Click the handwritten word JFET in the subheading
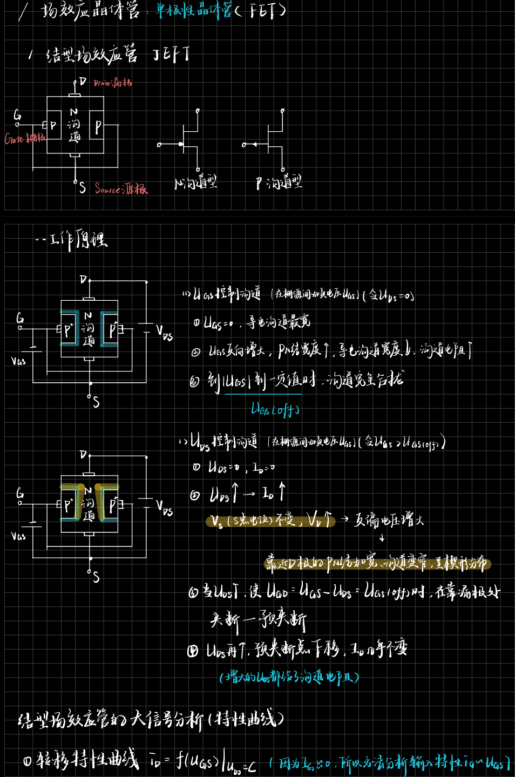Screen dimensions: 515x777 (x=171, y=54)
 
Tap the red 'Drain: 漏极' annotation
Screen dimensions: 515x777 (x=112, y=83)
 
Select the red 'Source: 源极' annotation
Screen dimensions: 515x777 (x=121, y=188)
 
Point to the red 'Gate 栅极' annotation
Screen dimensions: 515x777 (x=25, y=138)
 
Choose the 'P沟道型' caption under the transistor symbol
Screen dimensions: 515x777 (x=279, y=183)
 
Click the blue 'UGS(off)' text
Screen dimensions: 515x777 (x=275, y=410)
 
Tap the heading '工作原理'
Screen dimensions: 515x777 (x=78, y=239)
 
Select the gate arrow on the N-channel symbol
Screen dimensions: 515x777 (x=179, y=144)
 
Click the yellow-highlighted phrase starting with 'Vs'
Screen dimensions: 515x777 (x=270, y=521)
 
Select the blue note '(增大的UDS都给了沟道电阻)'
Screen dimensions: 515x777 (x=289, y=677)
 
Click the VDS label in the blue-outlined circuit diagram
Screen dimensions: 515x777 (x=164, y=332)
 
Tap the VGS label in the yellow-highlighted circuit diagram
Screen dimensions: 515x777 (x=18, y=536)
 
